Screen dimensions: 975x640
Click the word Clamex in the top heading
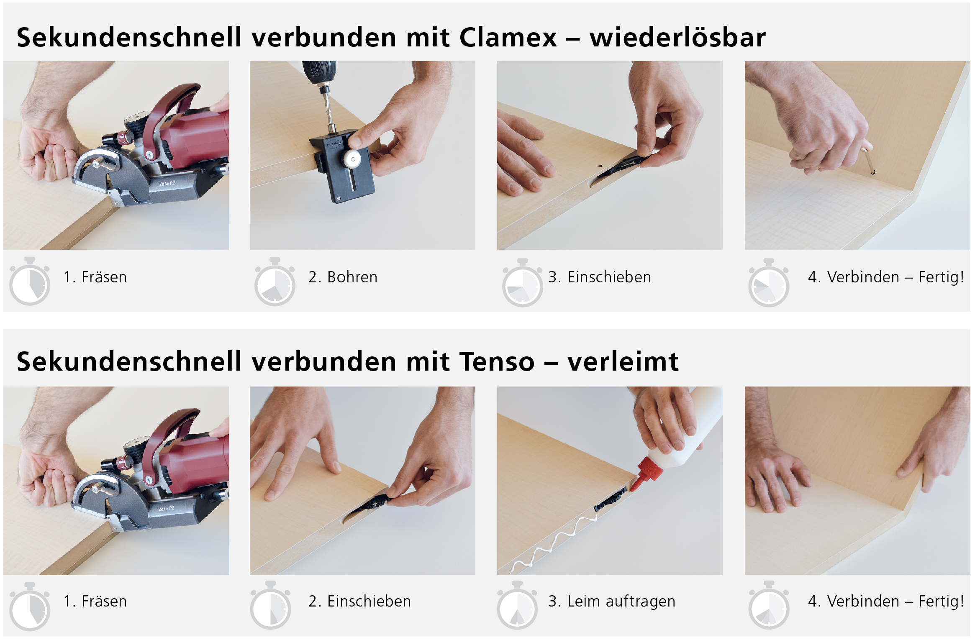[508, 37]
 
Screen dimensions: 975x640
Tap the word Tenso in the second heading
[497, 361]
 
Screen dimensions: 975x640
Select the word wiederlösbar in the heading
[677, 37]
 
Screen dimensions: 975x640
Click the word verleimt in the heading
[623, 361]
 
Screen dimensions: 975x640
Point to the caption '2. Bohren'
[343, 277]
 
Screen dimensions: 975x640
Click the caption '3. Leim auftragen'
[612, 602]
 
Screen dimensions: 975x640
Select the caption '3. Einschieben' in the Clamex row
[600, 277]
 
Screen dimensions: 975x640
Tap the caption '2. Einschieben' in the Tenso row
[359, 601]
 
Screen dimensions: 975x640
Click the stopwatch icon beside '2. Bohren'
[275, 282]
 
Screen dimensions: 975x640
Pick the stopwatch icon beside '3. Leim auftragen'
[517, 605]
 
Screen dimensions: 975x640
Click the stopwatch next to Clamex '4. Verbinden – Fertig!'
[769, 283]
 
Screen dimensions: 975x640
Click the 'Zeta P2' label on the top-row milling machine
[167, 184]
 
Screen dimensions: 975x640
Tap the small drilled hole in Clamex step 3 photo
[599, 166]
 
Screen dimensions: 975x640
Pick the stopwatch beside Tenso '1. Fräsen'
[29, 607]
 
